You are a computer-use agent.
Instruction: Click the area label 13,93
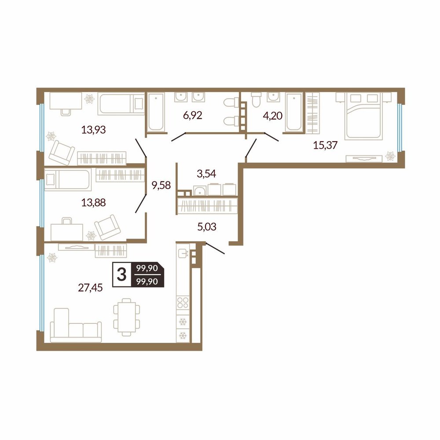point(93,130)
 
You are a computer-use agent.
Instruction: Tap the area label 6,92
point(193,115)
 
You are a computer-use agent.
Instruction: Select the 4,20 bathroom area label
point(272,115)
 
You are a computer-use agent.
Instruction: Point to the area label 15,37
point(325,145)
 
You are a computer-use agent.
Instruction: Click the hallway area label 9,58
point(161,185)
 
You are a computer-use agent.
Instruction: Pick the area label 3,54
point(206,173)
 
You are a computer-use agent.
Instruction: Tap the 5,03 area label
point(207,227)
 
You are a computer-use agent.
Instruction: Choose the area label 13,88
point(93,202)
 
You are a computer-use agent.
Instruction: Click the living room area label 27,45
point(90,287)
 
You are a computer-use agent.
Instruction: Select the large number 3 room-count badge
point(121,275)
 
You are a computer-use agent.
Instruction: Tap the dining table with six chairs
point(127,317)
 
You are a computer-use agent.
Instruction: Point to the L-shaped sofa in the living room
point(76,326)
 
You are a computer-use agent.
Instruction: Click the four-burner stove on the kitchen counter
point(183,303)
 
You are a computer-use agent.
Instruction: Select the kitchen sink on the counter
point(183,253)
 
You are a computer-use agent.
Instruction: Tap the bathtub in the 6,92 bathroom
point(156,112)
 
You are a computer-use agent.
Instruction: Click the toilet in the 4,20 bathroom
point(257,100)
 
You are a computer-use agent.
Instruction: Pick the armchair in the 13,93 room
point(62,152)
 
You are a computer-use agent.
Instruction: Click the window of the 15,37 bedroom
point(400,128)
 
